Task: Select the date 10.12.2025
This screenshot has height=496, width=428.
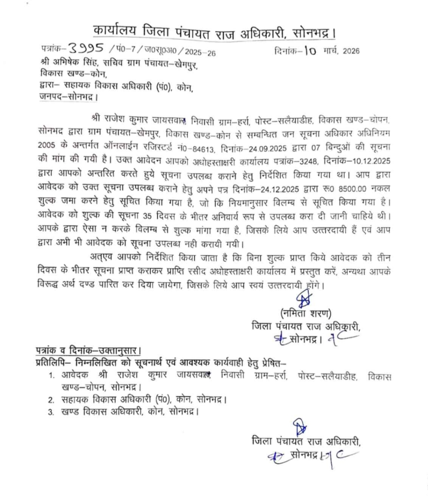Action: click(369, 162)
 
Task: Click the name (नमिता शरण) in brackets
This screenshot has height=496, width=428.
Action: click(306, 313)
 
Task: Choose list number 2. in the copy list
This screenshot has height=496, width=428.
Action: click(52, 400)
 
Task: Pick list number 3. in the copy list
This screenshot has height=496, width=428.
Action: click(52, 413)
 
